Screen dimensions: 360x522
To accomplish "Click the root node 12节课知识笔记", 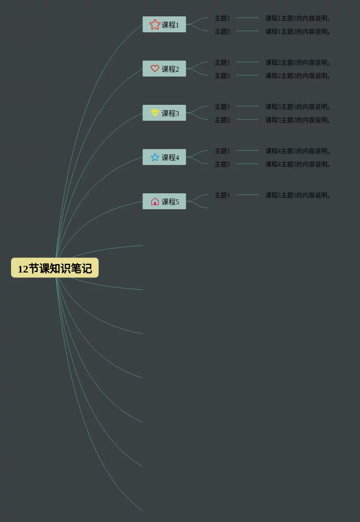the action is pyautogui.click(x=55, y=268).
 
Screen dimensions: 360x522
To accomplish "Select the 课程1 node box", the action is pyautogui.click(x=164, y=25).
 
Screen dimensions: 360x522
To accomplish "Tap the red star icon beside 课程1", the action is pyautogui.click(x=155, y=24).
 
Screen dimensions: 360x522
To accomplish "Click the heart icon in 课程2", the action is pyautogui.click(x=155, y=69).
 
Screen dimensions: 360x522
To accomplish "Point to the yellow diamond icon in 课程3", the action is pyautogui.click(x=155, y=113).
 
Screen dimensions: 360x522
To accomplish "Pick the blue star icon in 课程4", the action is pyautogui.click(x=155, y=157).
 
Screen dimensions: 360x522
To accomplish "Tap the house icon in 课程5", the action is pyautogui.click(x=155, y=201).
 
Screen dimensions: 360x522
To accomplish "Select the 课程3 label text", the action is pyautogui.click(x=170, y=113).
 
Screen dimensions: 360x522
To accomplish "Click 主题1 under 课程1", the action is pyautogui.click(x=222, y=18).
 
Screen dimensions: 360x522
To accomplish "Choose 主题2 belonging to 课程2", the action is pyautogui.click(x=222, y=76).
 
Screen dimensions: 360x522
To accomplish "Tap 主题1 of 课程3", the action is pyautogui.click(x=222, y=107).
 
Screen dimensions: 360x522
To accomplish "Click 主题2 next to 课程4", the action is pyautogui.click(x=222, y=164).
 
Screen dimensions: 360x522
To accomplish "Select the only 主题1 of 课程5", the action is pyautogui.click(x=222, y=195).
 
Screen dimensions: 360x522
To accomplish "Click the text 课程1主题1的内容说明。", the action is pyautogui.click(x=298, y=18).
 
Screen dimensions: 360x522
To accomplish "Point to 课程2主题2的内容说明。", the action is pyautogui.click(x=298, y=76).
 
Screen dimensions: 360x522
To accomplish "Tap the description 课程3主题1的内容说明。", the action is pyautogui.click(x=298, y=107).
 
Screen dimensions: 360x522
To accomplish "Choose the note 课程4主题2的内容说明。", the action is pyautogui.click(x=298, y=164).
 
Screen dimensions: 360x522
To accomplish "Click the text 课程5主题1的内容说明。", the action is pyautogui.click(x=298, y=195).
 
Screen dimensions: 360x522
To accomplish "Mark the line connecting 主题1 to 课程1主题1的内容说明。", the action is pyautogui.click(x=248, y=18).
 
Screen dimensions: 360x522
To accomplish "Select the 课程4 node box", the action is pyautogui.click(x=164, y=157).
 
